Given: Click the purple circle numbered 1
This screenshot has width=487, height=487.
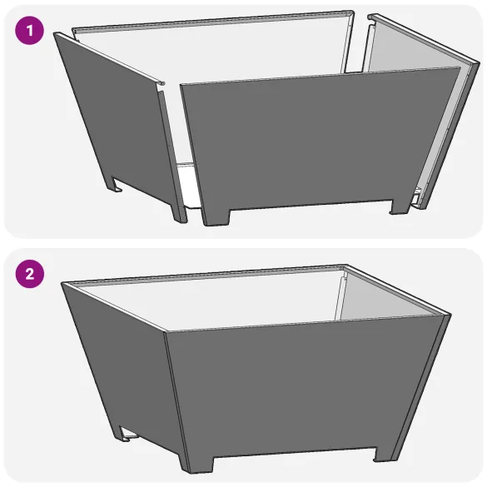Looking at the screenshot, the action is click(x=29, y=31).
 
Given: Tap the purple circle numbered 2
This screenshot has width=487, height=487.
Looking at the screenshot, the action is click(x=29, y=274).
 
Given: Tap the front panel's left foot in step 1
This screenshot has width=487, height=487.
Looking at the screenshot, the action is click(x=216, y=217).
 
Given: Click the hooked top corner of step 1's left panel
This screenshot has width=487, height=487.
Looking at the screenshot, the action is click(x=159, y=82).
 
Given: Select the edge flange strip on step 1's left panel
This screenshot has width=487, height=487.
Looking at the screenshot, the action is click(x=171, y=157).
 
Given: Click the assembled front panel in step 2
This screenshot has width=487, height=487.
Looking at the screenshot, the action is click(x=305, y=388).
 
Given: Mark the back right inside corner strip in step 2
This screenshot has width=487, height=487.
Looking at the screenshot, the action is click(x=340, y=294).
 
